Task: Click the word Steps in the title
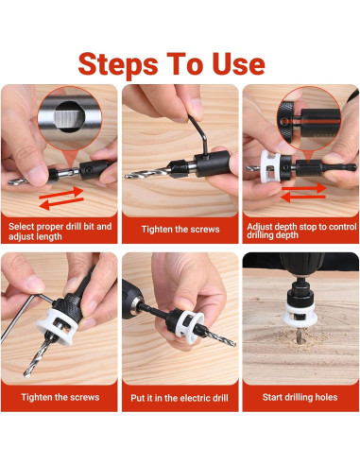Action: point(118,65)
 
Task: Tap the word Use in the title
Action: point(238,64)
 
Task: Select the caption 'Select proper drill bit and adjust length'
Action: point(60,232)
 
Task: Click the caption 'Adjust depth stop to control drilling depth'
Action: point(301,231)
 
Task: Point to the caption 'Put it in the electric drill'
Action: point(180,398)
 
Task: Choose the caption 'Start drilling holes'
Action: point(300,397)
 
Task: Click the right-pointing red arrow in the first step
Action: point(60,193)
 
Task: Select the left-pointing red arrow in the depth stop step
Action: point(302,198)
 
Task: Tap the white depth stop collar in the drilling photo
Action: point(298,315)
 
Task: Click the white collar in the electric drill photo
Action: point(189,328)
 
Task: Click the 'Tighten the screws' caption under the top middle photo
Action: point(180,229)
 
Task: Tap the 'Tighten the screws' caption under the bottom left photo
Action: point(60,397)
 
